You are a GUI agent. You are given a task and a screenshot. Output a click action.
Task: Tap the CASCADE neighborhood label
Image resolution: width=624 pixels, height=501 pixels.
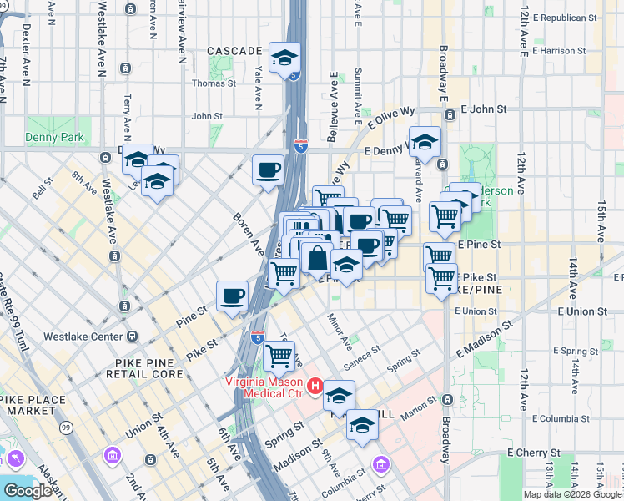pyautogui.click(x=234, y=51)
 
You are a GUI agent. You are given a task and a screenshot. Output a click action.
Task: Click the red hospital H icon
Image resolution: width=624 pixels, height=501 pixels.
pyautogui.click(x=315, y=387)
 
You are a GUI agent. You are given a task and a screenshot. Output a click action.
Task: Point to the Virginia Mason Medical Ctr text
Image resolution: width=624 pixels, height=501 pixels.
pyautogui.click(x=264, y=387)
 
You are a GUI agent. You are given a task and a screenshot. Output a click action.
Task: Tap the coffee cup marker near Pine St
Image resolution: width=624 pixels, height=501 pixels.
pyautogui.click(x=233, y=296)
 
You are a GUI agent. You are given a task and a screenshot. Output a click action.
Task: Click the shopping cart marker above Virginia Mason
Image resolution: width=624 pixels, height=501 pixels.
pyautogui.click(x=279, y=357)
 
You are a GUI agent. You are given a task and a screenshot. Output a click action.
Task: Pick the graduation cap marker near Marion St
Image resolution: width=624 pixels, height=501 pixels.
pyautogui.click(x=362, y=426)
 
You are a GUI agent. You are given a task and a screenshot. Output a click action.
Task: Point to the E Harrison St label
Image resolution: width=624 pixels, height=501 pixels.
pyautogui.click(x=568, y=51)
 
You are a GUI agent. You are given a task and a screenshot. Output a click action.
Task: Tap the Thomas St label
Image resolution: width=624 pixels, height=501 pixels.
pyautogui.click(x=214, y=83)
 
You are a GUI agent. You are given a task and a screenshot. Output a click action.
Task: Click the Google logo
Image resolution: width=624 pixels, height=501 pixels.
pyautogui.click(x=28, y=491)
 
